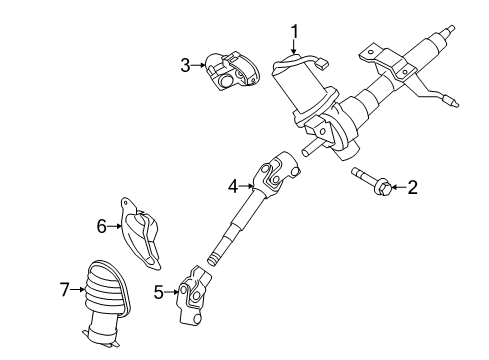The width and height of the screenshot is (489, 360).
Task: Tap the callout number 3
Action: tap(185, 66)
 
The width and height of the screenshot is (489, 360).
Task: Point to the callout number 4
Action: tap(233, 184)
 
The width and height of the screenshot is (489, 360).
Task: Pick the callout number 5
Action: tap(159, 293)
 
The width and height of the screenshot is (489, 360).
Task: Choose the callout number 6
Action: tap(102, 227)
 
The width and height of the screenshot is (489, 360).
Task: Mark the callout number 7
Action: tap(65, 290)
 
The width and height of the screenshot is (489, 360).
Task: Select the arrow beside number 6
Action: tap(116, 227)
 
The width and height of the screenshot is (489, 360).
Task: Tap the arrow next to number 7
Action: tap(79, 290)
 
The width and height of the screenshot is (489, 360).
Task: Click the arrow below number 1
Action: tap(294, 51)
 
